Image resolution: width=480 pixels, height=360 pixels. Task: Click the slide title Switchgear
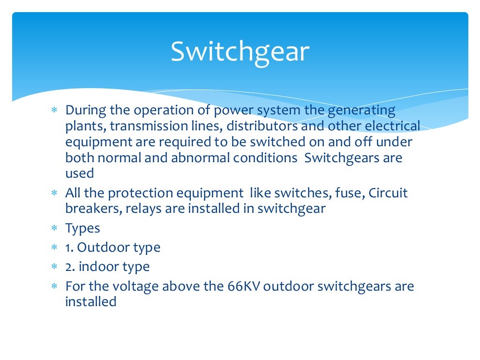240,52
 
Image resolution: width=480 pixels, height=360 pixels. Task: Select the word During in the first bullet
86,111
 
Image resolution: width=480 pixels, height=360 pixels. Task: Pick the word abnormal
200,157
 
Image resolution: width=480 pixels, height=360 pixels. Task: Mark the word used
80,173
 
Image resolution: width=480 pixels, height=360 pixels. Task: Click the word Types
83,229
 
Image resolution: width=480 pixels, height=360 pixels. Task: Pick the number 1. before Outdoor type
69,247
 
